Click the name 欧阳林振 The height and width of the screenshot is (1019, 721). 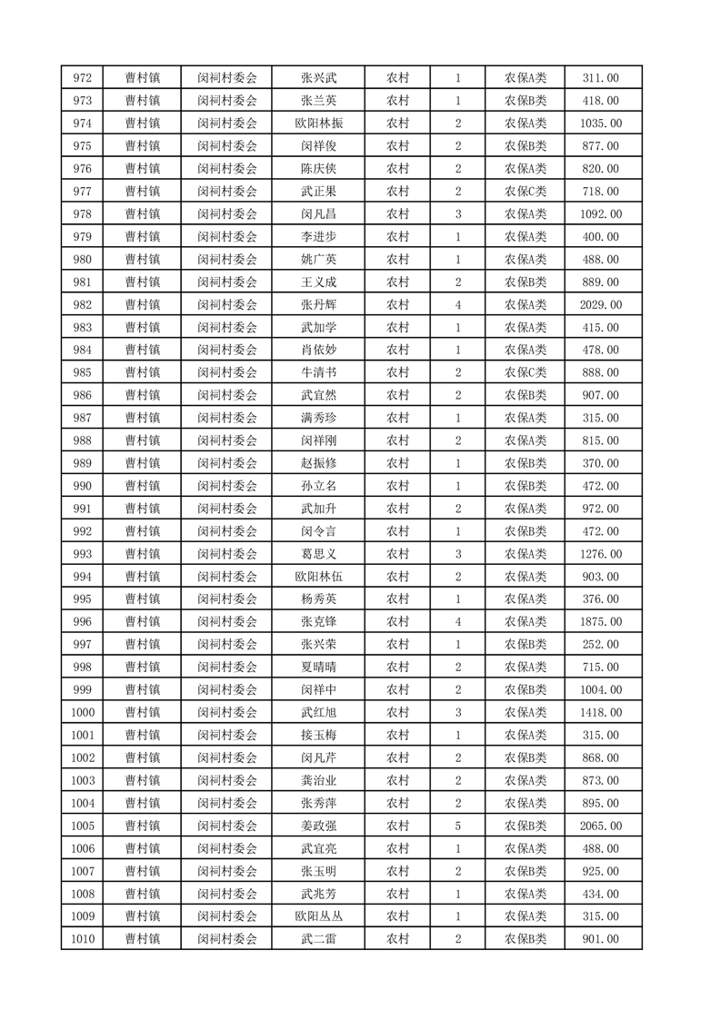pyautogui.click(x=318, y=124)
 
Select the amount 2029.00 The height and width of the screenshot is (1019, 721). pyautogui.click(x=600, y=305)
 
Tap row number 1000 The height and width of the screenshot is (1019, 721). pyautogui.click(x=82, y=713)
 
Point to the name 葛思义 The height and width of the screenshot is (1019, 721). pyautogui.click(x=318, y=554)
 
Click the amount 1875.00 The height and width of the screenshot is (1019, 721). pyautogui.click(x=600, y=622)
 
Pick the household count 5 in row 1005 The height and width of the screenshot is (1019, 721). pyautogui.click(x=457, y=826)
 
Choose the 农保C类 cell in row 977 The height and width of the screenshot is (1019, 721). pyautogui.click(x=526, y=192)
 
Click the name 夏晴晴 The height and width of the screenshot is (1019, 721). pyautogui.click(x=318, y=668)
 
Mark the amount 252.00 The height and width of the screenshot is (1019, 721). pyautogui.click(x=600, y=645)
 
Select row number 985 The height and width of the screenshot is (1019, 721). pyautogui.click(x=82, y=373)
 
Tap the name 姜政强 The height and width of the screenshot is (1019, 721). pyautogui.click(x=318, y=826)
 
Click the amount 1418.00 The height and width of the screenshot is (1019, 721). pyautogui.click(x=600, y=713)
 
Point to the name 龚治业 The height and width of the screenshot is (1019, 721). pyautogui.click(x=318, y=781)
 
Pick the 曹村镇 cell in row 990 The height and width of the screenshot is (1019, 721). pyautogui.click(x=143, y=486)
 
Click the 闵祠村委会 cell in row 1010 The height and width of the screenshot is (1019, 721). pyautogui.click(x=227, y=939)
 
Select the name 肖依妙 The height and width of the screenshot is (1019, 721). pyautogui.click(x=318, y=351)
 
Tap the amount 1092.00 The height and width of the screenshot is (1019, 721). pyautogui.click(x=600, y=214)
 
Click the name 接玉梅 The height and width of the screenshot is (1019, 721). pyautogui.click(x=318, y=736)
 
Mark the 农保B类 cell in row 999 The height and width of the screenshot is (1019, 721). pyautogui.click(x=526, y=690)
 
